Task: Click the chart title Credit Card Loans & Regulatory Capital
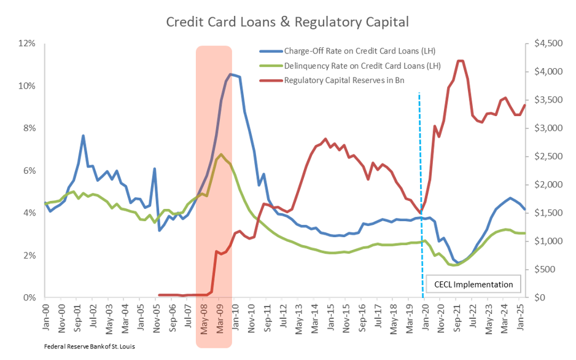288,23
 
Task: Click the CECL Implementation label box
473,284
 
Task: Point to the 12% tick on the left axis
28,44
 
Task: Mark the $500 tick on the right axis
546,270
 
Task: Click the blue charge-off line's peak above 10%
230,74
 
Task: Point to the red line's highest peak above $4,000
460,60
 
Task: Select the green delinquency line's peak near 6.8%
221,154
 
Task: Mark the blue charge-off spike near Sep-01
83,136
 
